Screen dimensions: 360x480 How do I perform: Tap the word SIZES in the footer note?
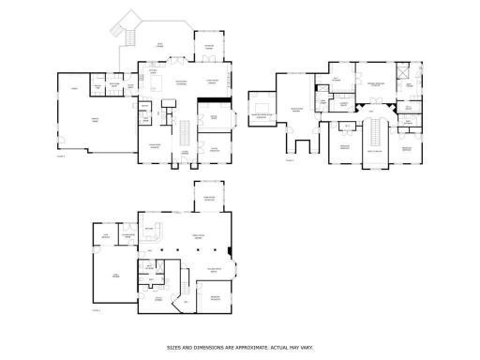[x=174, y=347]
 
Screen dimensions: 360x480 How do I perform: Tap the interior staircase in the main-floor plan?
[x=187, y=128]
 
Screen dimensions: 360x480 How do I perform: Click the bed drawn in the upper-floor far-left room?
[x=261, y=103]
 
